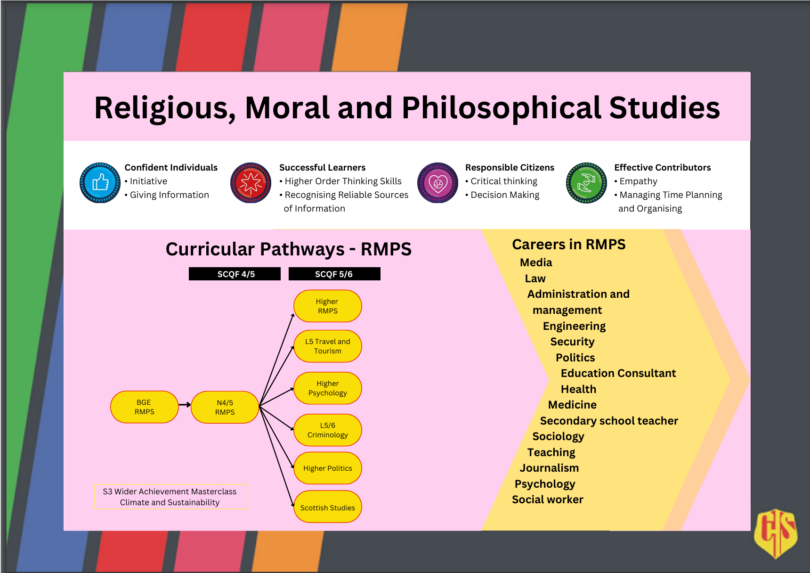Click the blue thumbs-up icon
click(100, 183)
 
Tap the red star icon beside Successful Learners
click(251, 183)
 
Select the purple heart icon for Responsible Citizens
click(437, 183)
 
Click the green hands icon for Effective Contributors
click(586, 183)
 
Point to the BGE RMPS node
click(144, 407)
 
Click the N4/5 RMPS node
click(225, 408)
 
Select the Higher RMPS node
click(328, 306)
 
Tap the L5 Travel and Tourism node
click(328, 346)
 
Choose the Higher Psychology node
click(328, 388)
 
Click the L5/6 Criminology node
click(328, 430)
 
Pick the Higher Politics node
click(328, 468)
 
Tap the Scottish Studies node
click(328, 508)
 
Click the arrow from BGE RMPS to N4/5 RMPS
click(185, 405)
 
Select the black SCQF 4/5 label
click(235, 274)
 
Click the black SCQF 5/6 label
click(334, 274)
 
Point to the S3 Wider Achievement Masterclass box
click(170, 497)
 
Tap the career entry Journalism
click(549, 468)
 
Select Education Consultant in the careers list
click(618, 373)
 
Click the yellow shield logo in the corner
click(776, 532)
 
